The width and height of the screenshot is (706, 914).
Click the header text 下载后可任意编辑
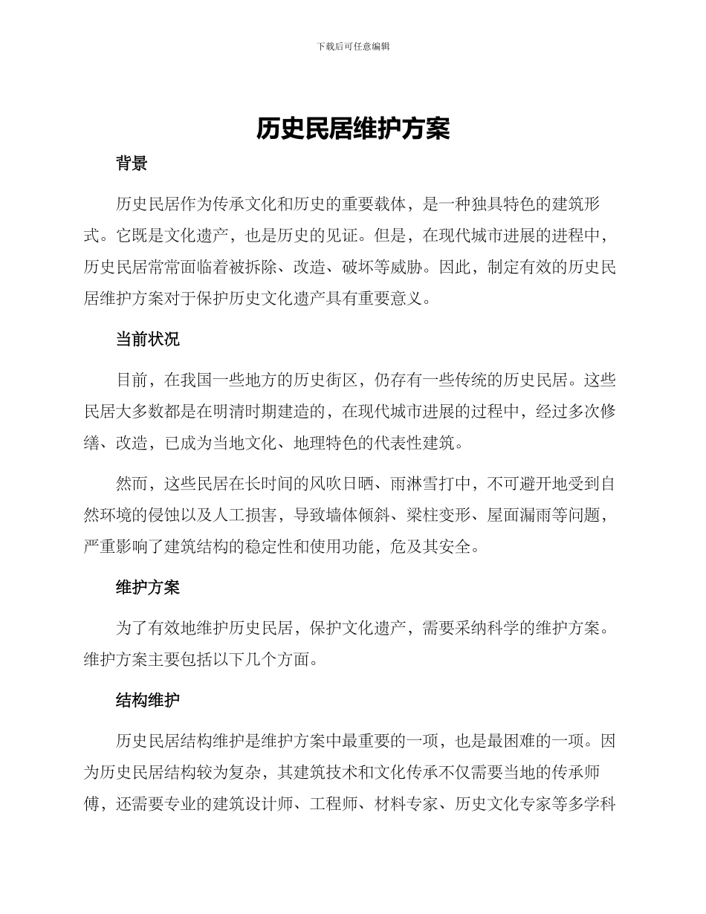[x=353, y=46]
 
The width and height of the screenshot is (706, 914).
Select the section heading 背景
[x=132, y=164]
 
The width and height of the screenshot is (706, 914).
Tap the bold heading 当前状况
[x=147, y=340]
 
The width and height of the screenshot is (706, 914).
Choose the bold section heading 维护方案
[x=147, y=588]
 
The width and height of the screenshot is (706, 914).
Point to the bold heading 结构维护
[x=147, y=700]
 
